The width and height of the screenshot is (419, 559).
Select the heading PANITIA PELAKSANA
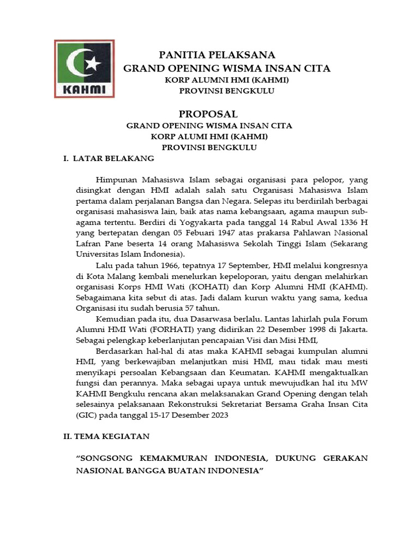217,55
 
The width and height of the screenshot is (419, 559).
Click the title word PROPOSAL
208,114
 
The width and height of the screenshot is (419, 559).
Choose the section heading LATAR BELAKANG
113,159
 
